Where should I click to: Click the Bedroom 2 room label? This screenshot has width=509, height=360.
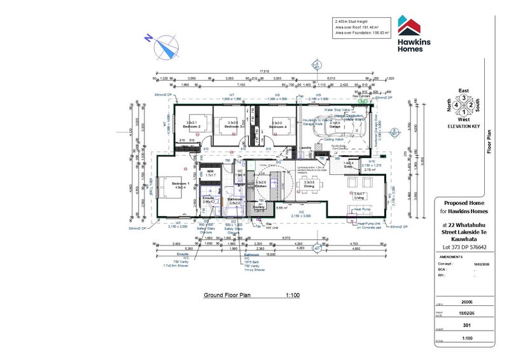(x=193, y=127)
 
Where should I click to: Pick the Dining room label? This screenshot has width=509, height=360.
(x=309, y=185)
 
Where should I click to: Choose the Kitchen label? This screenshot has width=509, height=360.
(x=260, y=185)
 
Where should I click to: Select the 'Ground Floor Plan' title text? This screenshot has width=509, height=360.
(x=228, y=296)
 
